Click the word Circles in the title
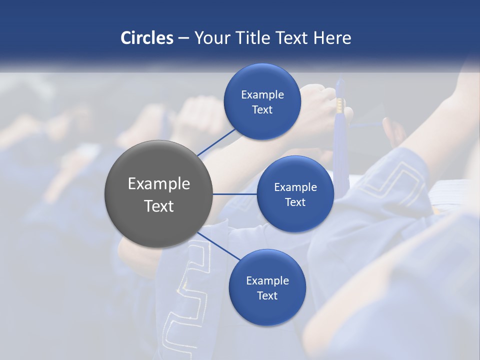[x=147, y=38]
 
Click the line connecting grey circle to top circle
[x=216, y=141]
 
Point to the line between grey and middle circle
[x=235, y=194]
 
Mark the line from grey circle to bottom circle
[x=218, y=245]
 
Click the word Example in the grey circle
[x=159, y=184]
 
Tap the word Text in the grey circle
[x=159, y=206]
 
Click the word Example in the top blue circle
[x=262, y=94]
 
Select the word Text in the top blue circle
[x=262, y=109]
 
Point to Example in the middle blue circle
[x=295, y=187]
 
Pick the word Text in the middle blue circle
[x=295, y=202]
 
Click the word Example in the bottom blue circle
[x=267, y=280]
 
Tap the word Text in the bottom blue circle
[x=267, y=295]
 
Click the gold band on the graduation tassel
[x=340, y=105]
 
